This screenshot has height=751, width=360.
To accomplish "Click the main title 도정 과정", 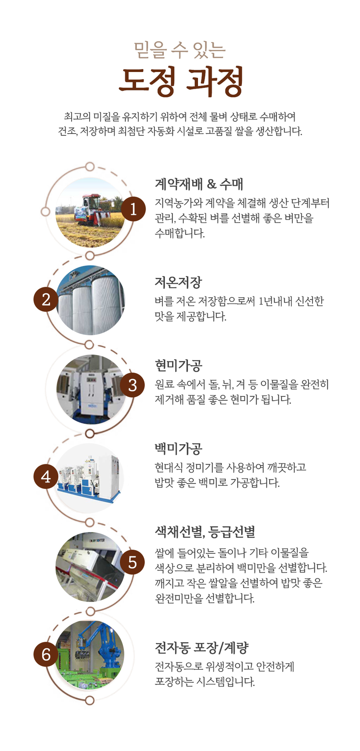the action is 181,81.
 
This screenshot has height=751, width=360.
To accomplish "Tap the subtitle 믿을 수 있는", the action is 180,50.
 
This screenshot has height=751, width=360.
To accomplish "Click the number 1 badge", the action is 133,208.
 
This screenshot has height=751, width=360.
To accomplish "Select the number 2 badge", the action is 46,299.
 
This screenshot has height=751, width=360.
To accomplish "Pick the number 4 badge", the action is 46,476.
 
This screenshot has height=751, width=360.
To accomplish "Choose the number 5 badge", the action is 132,562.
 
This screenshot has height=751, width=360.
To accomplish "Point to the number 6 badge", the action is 46,654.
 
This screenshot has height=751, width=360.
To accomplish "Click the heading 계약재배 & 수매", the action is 199,184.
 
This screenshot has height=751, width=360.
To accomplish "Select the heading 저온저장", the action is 178,282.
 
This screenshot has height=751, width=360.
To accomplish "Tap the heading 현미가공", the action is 179,365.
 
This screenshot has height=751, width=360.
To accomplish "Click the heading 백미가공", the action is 179,448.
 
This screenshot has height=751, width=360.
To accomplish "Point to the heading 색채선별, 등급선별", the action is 205,532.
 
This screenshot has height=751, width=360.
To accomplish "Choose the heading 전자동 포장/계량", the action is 202,648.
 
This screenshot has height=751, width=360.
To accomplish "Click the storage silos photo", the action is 90,300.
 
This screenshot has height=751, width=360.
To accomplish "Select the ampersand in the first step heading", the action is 212,184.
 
